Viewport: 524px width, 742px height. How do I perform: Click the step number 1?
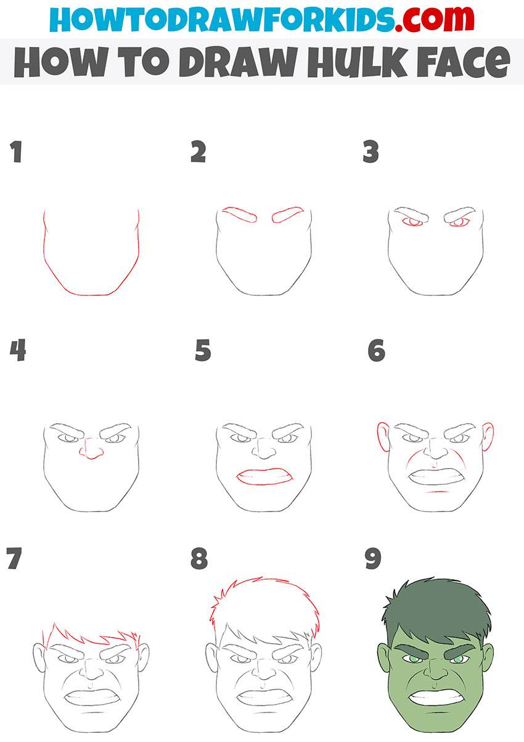pos(16,152)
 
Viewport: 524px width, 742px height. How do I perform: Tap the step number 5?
pos(203,351)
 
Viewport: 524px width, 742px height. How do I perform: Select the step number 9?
pos(373,559)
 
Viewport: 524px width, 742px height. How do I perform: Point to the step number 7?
pos(13,558)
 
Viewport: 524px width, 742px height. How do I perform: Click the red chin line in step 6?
pos(437,492)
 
